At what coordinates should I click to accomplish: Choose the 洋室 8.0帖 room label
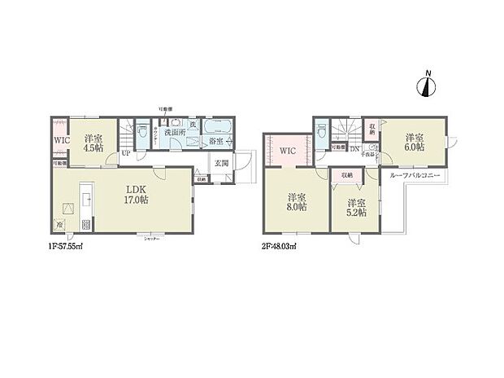295,203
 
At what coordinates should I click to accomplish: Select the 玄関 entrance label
221,162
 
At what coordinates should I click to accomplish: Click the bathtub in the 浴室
217,131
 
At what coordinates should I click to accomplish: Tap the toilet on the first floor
142,131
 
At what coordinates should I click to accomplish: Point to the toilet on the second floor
323,131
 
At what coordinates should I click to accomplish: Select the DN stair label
354,148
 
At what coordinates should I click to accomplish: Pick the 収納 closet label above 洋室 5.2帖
347,175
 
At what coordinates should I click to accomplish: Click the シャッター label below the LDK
150,238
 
